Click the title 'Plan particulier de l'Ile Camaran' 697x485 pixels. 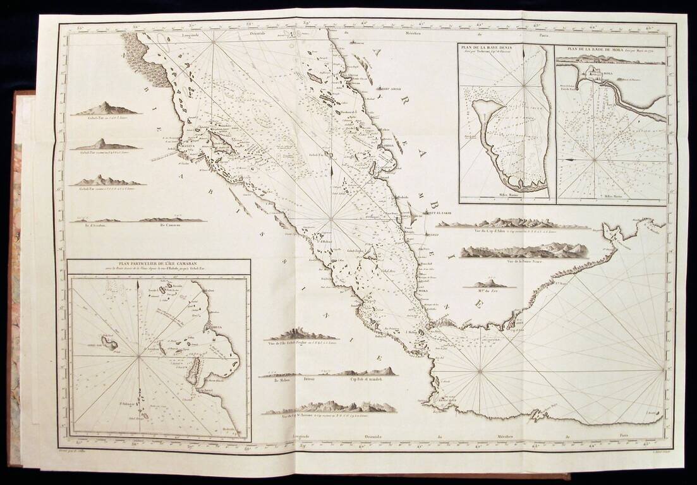159,265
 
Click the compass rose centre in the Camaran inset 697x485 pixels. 138,357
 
